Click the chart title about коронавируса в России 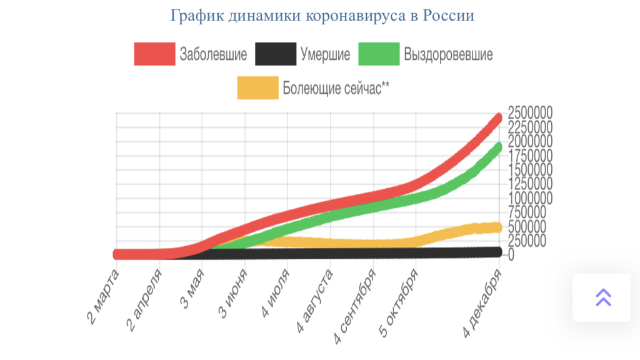322,16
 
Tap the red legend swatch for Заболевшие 154,54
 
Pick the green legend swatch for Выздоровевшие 379,54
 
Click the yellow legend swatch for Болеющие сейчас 257,88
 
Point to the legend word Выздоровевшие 448,54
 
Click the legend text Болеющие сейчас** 336,88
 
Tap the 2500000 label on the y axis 530,113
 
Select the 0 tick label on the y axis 511,255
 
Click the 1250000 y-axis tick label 530,184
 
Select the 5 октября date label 398,304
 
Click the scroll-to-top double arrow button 602,297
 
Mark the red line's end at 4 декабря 499,117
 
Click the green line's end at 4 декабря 499,147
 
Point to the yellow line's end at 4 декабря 499,227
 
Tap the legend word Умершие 325,54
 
